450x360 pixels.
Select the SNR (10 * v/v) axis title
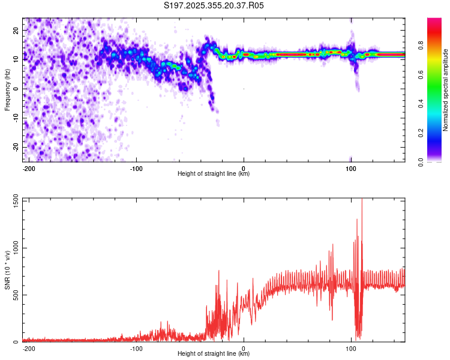pyautogui.click(x=7, y=271)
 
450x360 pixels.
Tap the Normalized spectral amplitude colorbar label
pyautogui.click(x=445, y=90)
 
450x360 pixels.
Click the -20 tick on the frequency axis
pyautogui.click(x=15, y=147)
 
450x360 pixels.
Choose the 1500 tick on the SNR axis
pyautogui.click(x=12, y=200)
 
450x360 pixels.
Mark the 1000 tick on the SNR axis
pyautogui.click(x=12, y=248)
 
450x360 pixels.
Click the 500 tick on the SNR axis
pyautogui.click(x=14, y=295)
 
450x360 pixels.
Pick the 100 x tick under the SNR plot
pyautogui.click(x=351, y=349)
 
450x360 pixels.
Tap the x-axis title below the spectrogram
pyautogui.click(x=214, y=174)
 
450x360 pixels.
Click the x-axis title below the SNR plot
pyautogui.click(x=214, y=354)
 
